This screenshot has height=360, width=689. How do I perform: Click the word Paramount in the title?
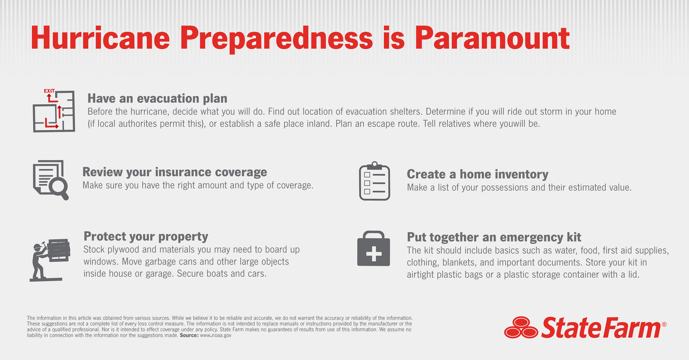tap(492, 39)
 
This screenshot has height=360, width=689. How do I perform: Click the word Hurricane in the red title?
tap(100, 39)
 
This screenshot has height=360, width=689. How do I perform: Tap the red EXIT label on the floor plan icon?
tap(49, 91)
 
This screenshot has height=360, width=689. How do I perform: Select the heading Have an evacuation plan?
tap(157, 99)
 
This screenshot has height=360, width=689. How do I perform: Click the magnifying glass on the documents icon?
tap(59, 186)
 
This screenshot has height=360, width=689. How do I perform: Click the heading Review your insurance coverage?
tap(175, 172)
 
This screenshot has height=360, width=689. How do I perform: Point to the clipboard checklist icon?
tap(374, 182)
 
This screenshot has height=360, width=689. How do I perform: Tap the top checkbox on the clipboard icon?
tap(367, 175)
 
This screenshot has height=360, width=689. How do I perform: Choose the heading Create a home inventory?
tap(477, 174)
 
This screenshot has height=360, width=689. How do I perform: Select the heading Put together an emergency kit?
tap(494, 237)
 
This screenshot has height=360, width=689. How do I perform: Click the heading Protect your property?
tap(146, 237)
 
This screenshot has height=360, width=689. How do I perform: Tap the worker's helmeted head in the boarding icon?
tap(38, 247)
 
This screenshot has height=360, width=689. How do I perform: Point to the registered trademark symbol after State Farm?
tap(664, 325)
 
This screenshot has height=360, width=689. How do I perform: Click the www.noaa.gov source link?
tap(216, 335)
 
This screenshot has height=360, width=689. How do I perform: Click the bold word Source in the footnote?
tap(189, 335)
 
